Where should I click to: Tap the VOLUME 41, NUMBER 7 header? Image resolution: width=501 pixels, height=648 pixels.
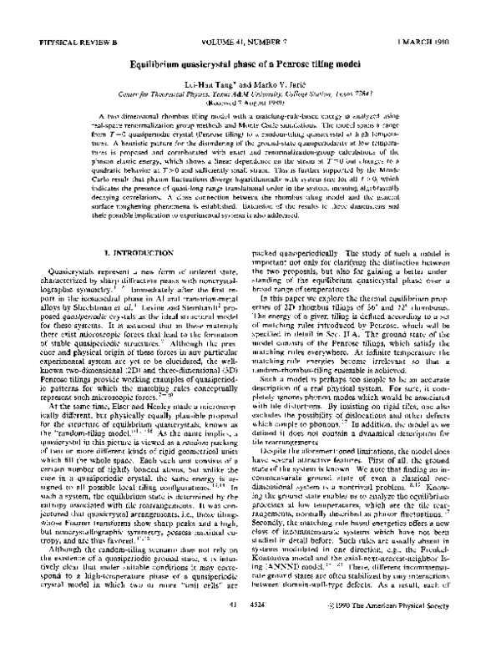point(250,40)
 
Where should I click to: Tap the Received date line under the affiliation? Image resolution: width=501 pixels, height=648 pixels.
point(250,103)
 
